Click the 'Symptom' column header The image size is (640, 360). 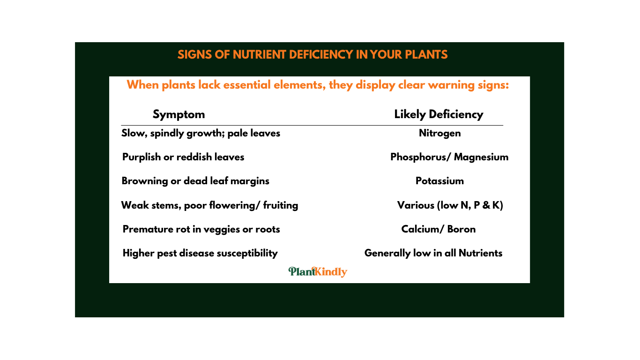pyautogui.click(x=179, y=115)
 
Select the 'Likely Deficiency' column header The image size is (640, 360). pyautogui.click(x=439, y=115)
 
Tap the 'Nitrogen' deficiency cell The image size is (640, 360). pyautogui.click(x=440, y=133)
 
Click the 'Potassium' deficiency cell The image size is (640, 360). pyautogui.click(x=439, y=181)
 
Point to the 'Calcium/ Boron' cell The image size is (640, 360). pyautogui.click(x=438, y=229)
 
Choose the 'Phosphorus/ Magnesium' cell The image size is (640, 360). pyautogui.click(x=449, y=157)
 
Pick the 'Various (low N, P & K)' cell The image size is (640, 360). pyautogui.click(x=450, y=205)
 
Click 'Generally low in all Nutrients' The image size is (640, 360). pyautogui.click(x=433, y=253)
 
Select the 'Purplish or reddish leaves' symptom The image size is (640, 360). pyautogui.click(x=183, y=157)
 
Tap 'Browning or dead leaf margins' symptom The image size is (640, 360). pyautogui.click(x=195, y=181)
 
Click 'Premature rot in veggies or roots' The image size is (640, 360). pyautogui.click(x=201, y=229)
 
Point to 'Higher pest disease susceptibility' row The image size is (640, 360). pyautogui.click(x=200, y=253)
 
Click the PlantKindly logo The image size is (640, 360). pyautogui.click(x=318, y=271)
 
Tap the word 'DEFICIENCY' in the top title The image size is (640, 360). pyautogui.click(x=321, y=55)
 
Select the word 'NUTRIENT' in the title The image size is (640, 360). pyautogui.click(x=260, y=55)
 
